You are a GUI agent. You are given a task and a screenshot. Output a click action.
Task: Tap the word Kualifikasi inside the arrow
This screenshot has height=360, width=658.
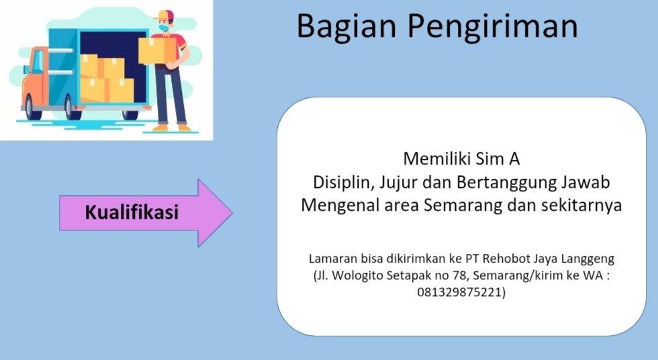132,213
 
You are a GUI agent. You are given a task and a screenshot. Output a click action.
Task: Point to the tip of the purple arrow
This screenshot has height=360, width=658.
231,213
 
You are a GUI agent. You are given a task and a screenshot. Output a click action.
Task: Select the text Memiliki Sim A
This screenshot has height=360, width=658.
461,159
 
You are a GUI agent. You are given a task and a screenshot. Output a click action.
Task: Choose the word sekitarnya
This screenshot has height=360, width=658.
581,206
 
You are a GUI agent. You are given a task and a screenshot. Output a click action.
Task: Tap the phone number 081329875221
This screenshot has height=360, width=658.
461,292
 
